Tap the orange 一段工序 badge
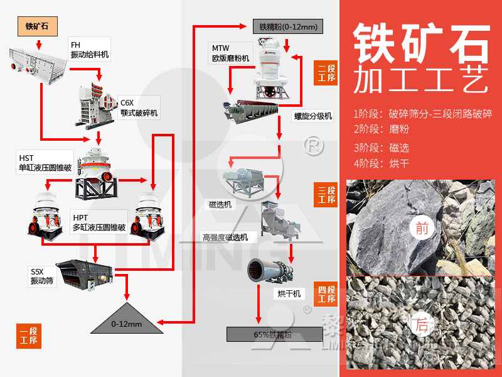point(28,335)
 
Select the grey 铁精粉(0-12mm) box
point(288,26)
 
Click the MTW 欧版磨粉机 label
point(230,53)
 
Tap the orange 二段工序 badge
point(326,73)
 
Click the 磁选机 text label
point(220,204)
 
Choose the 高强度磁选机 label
point(225,237)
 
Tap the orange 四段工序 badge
point(326,293)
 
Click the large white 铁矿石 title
point(420,41)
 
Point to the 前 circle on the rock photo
point(422,228)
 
